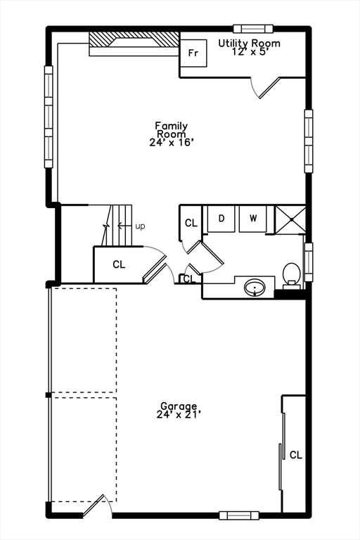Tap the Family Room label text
click(172, 134)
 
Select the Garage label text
click(179, 410)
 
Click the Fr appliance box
click(193, 53)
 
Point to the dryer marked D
click(221, 218)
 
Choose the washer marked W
click(252, 218)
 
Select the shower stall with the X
click(290, 218)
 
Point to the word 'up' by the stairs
click(140, 226)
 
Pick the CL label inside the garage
click(295, 455)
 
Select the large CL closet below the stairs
click(118, 264)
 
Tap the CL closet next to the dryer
click(191, 223)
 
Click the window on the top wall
click(252, 28)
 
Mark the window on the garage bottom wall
click(238, 515)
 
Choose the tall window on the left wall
click(49, 117)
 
